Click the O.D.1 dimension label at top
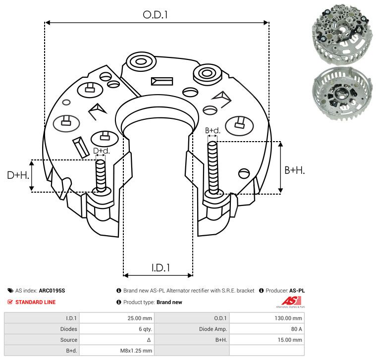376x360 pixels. pyautogui.click(x=156, y=14)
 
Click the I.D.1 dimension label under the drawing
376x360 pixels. pyautogui.click(x=161, y=267)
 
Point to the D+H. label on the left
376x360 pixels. pyautogui.click(x=18, y=175)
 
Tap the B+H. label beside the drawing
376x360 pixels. pyautogui.click(x=294, y=170)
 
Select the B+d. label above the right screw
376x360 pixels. pyautogui.click(x=212, y=131)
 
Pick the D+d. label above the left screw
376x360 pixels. pyautogui.click(x=101, y=151)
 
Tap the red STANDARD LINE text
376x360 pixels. pyautogui.click(x=35, y=302)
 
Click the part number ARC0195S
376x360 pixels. pyautogui.click(x=52, y=291)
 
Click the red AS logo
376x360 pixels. pyautogui.click(x=288, y=301)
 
